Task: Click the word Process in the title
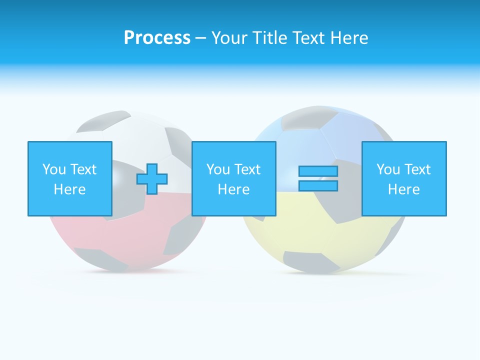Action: [x=157, y=37]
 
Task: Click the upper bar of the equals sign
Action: [x=318, y=171]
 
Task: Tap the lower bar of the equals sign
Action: [x=318, y=186]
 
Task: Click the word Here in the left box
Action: [x=70, y=189]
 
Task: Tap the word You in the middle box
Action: [x=218, y=169]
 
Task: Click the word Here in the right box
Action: [x=404, y=189]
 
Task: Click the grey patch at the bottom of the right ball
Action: [x=305, y=261]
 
